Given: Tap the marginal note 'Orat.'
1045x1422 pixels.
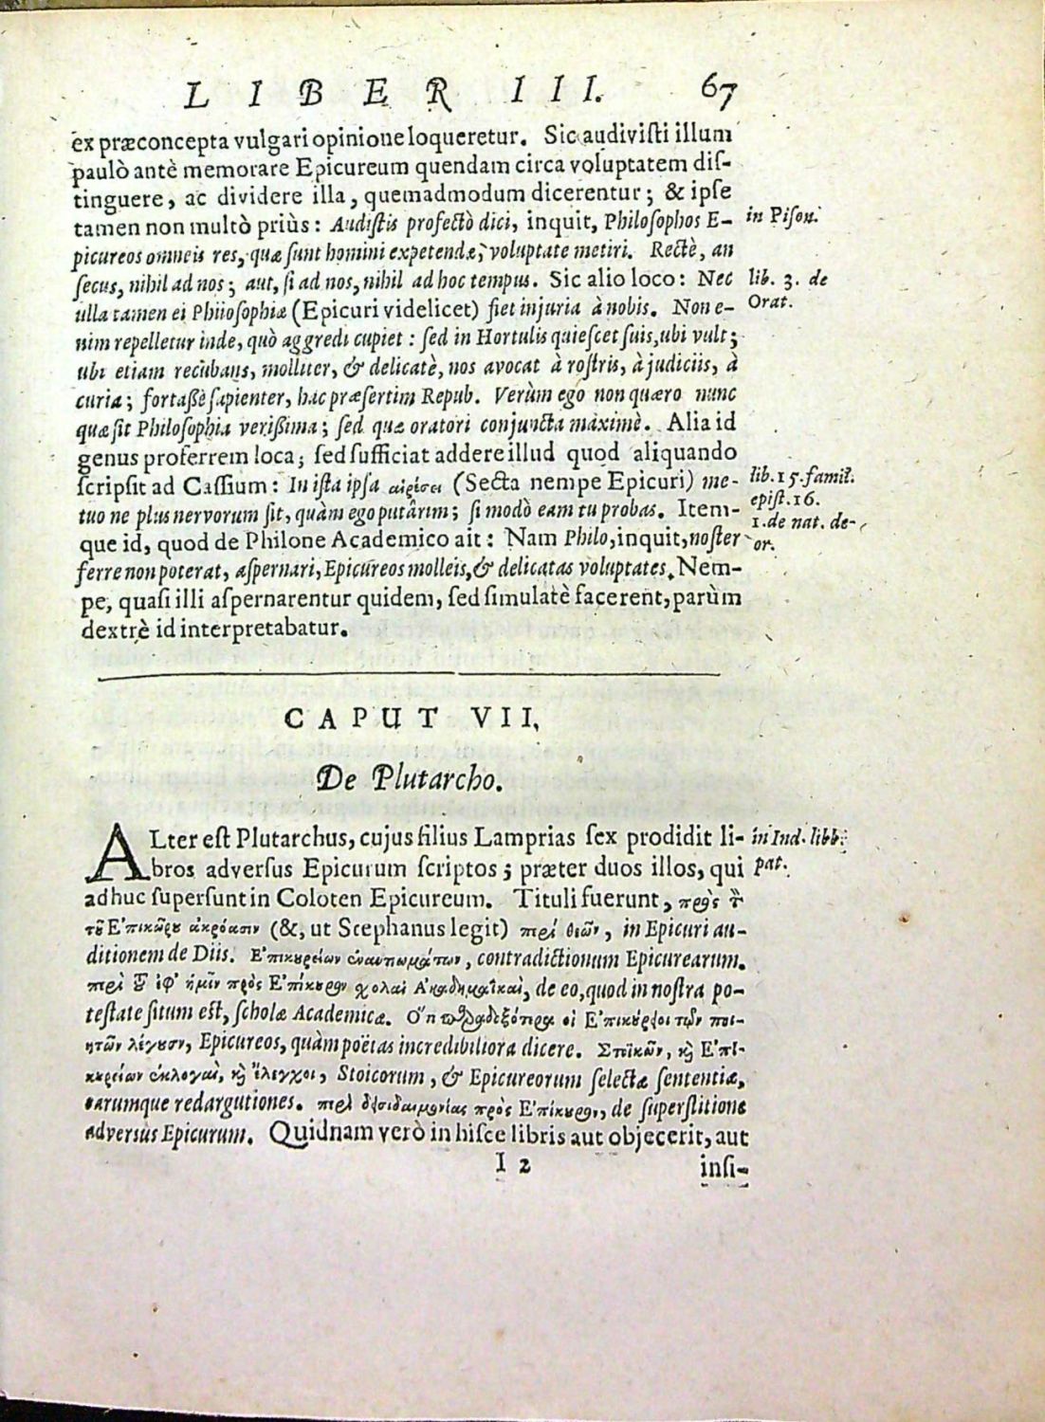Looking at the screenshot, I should pos(768,301).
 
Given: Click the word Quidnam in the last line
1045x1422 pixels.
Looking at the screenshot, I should pos(313,1133).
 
